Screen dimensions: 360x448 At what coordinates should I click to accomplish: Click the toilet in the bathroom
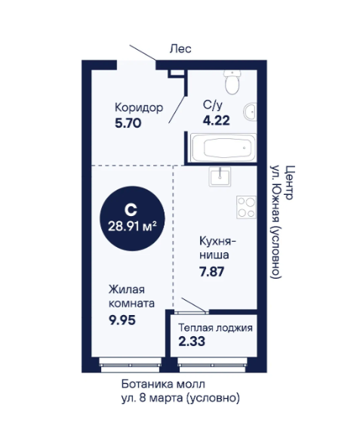pos(232,82)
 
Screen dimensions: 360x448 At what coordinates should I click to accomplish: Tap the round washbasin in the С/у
pos(250,111)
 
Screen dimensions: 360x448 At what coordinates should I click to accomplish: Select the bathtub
pos(223,148)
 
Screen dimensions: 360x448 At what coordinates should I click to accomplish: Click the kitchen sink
pos(220,177)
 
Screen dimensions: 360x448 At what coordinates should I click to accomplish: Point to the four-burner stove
pos(246,207)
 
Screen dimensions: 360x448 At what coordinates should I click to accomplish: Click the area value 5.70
pos(128,123)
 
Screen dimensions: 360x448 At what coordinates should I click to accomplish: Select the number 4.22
pos(216,121)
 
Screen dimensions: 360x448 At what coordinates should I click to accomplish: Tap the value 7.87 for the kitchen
pos(212,271)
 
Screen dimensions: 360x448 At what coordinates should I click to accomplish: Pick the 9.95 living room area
pos(122,320)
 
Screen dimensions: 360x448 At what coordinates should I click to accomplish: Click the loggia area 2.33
pos(192,341)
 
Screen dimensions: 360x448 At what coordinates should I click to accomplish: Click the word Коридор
pos(139,108)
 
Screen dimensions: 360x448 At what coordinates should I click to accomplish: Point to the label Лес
pos(180,48)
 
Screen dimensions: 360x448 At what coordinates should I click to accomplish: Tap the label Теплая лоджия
pos(216,328)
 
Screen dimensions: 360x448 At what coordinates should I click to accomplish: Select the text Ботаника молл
pos(163,384)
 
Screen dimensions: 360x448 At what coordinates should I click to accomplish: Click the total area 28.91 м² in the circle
pos(132,227)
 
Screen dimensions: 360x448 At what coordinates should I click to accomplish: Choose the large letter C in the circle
pos(131,210)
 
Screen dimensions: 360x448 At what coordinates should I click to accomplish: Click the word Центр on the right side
pos(290,183)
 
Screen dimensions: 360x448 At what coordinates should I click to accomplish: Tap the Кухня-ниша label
pos(218,248)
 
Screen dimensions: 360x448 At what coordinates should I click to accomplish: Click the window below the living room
pos(130,366)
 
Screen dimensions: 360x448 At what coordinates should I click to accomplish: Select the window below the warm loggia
pos(212,366)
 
